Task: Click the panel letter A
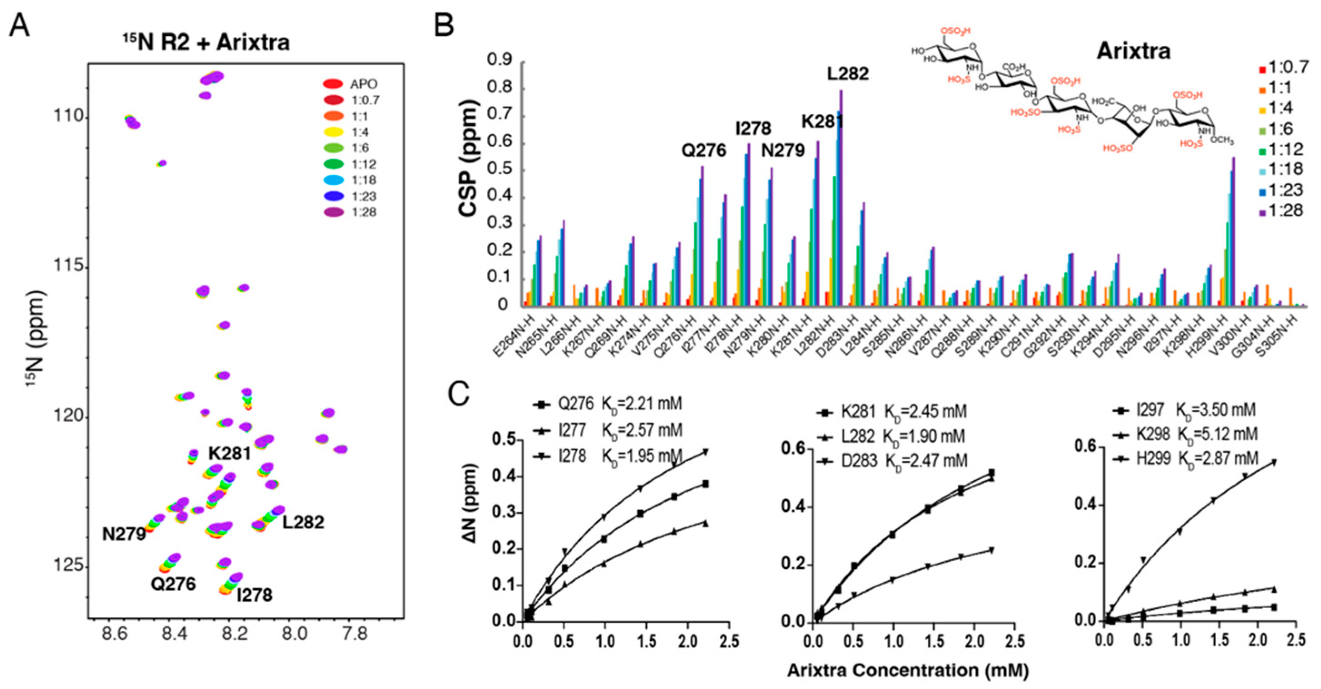click(20, 25)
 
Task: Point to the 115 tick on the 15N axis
click(69, 266)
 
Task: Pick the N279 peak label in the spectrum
click(124, 534)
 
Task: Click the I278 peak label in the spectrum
click(254, 595)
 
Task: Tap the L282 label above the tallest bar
click(848, 74)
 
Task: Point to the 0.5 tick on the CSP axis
click(500, 171)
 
